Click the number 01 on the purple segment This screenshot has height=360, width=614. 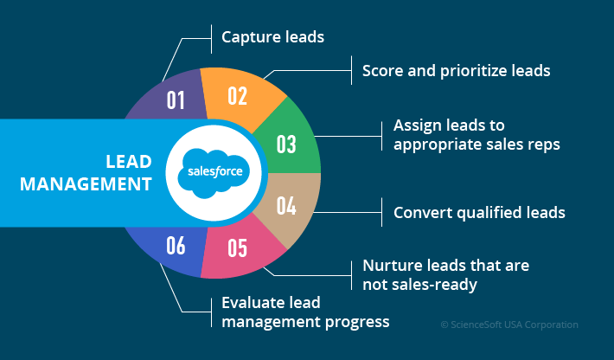coord(176,100)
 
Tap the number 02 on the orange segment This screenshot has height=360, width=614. coord(238,94)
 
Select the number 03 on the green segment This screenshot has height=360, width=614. coord(286,144)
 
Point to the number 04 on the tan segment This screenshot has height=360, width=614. coord(286,206)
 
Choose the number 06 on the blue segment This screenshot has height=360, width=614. coord(176,246)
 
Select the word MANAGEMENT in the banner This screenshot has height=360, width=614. coord(86,183)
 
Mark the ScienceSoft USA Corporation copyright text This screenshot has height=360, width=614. coord(509,325)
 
